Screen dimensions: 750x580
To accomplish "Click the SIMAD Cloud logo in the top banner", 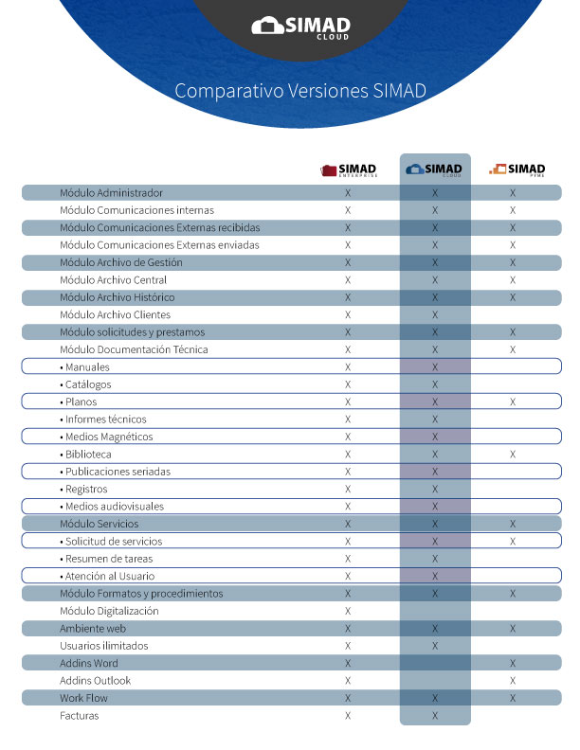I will [300, 27].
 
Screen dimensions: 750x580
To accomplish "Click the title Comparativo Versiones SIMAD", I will [300, 91].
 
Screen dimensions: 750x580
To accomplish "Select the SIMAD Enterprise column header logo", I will [348, 170].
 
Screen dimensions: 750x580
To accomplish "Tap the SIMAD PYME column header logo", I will [517, 170].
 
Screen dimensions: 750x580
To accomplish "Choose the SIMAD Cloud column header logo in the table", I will [434, 170].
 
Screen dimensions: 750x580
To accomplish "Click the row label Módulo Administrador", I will [111, 193].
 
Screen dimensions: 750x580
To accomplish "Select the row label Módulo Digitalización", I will [109, 611].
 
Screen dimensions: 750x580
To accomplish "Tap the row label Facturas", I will [80, 716].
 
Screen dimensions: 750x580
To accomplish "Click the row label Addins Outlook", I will [95, 681].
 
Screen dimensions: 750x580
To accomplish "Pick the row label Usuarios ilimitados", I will [104, 646].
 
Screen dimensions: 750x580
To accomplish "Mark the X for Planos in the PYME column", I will [513, 402].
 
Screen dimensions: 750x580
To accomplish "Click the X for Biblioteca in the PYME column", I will [513, 455].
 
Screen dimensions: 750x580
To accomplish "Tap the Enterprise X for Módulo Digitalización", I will [348, 611].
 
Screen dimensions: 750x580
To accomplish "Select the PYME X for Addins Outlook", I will [513, 681].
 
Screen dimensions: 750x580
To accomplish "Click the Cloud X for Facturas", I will [435, 716].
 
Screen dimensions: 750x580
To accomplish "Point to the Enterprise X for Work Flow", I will [348, 698].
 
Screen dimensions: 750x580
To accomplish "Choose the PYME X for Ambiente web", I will [513, 629].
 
